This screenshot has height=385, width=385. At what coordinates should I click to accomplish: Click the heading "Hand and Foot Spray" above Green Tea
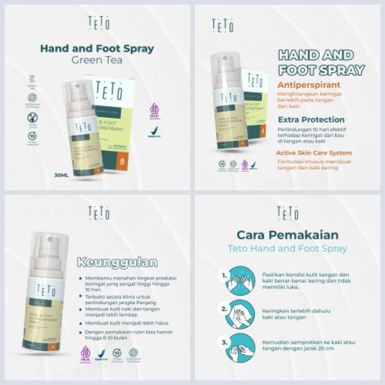pos(97,48)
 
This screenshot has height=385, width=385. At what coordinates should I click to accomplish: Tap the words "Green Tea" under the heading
pos(97,61)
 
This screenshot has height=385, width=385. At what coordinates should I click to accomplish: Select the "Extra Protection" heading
pos(311,119)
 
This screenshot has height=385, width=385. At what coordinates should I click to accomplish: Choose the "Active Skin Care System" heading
pos(314,153)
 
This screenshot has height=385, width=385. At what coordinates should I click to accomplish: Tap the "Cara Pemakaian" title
pos(288,235)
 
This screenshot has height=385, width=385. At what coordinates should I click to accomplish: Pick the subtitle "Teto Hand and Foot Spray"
pos(288,249)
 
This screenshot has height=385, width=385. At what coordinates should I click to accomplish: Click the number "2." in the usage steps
pos(224,308)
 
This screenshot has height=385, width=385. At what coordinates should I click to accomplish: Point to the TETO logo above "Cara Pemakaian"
pos(288,213)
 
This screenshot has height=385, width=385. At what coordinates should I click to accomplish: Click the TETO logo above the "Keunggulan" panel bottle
pos(99,213)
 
